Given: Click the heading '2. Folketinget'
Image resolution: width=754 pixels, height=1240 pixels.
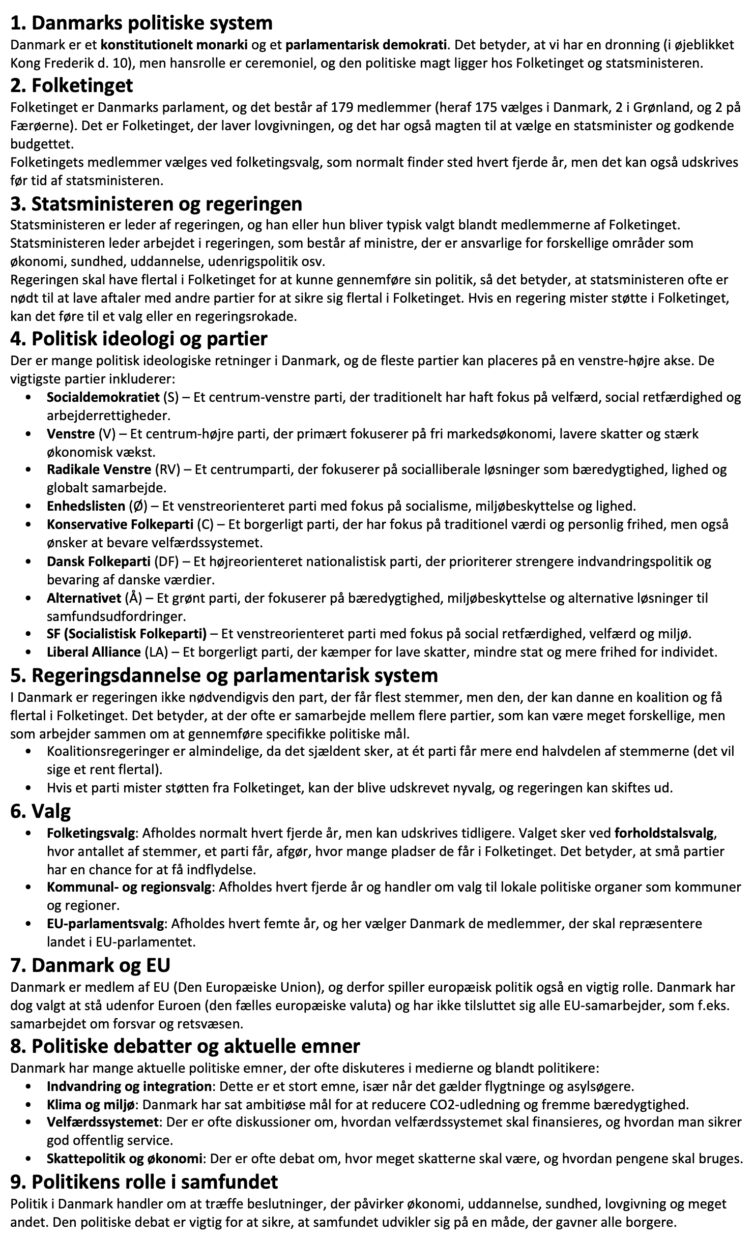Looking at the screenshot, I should (71, 85).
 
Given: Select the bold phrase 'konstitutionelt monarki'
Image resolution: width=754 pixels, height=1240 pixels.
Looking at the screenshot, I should (174, 45).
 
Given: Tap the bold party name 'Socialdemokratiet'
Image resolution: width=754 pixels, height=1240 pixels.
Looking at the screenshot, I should (103, 397).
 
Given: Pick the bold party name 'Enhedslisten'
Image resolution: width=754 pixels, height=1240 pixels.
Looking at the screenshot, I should (85, 506).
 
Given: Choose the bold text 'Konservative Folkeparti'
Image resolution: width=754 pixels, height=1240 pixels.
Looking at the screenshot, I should (120, 524).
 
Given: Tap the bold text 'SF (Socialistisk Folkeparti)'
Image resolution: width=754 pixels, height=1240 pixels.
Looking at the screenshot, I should (127, 634).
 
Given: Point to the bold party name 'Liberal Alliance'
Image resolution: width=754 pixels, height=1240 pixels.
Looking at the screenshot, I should (94, 652).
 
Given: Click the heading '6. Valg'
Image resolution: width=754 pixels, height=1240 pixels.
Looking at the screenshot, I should (41, 811).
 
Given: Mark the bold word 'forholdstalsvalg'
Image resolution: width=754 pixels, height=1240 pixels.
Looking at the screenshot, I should (664, 834).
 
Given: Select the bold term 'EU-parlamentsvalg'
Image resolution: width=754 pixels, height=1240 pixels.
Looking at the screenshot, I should (105, 924).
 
